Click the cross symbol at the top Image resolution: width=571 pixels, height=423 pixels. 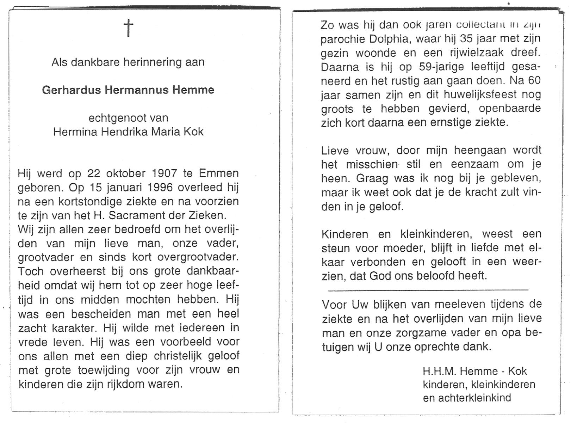(x=129, y=28)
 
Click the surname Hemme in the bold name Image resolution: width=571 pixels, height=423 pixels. (x=193, y=90)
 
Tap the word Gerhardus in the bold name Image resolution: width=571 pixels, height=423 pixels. (x=72, y=90)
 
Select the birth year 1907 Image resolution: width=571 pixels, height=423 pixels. (x=164, y=173)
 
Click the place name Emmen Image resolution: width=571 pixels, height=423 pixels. (x=219, y=173)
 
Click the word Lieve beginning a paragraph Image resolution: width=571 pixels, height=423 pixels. (x=335, y=151)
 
